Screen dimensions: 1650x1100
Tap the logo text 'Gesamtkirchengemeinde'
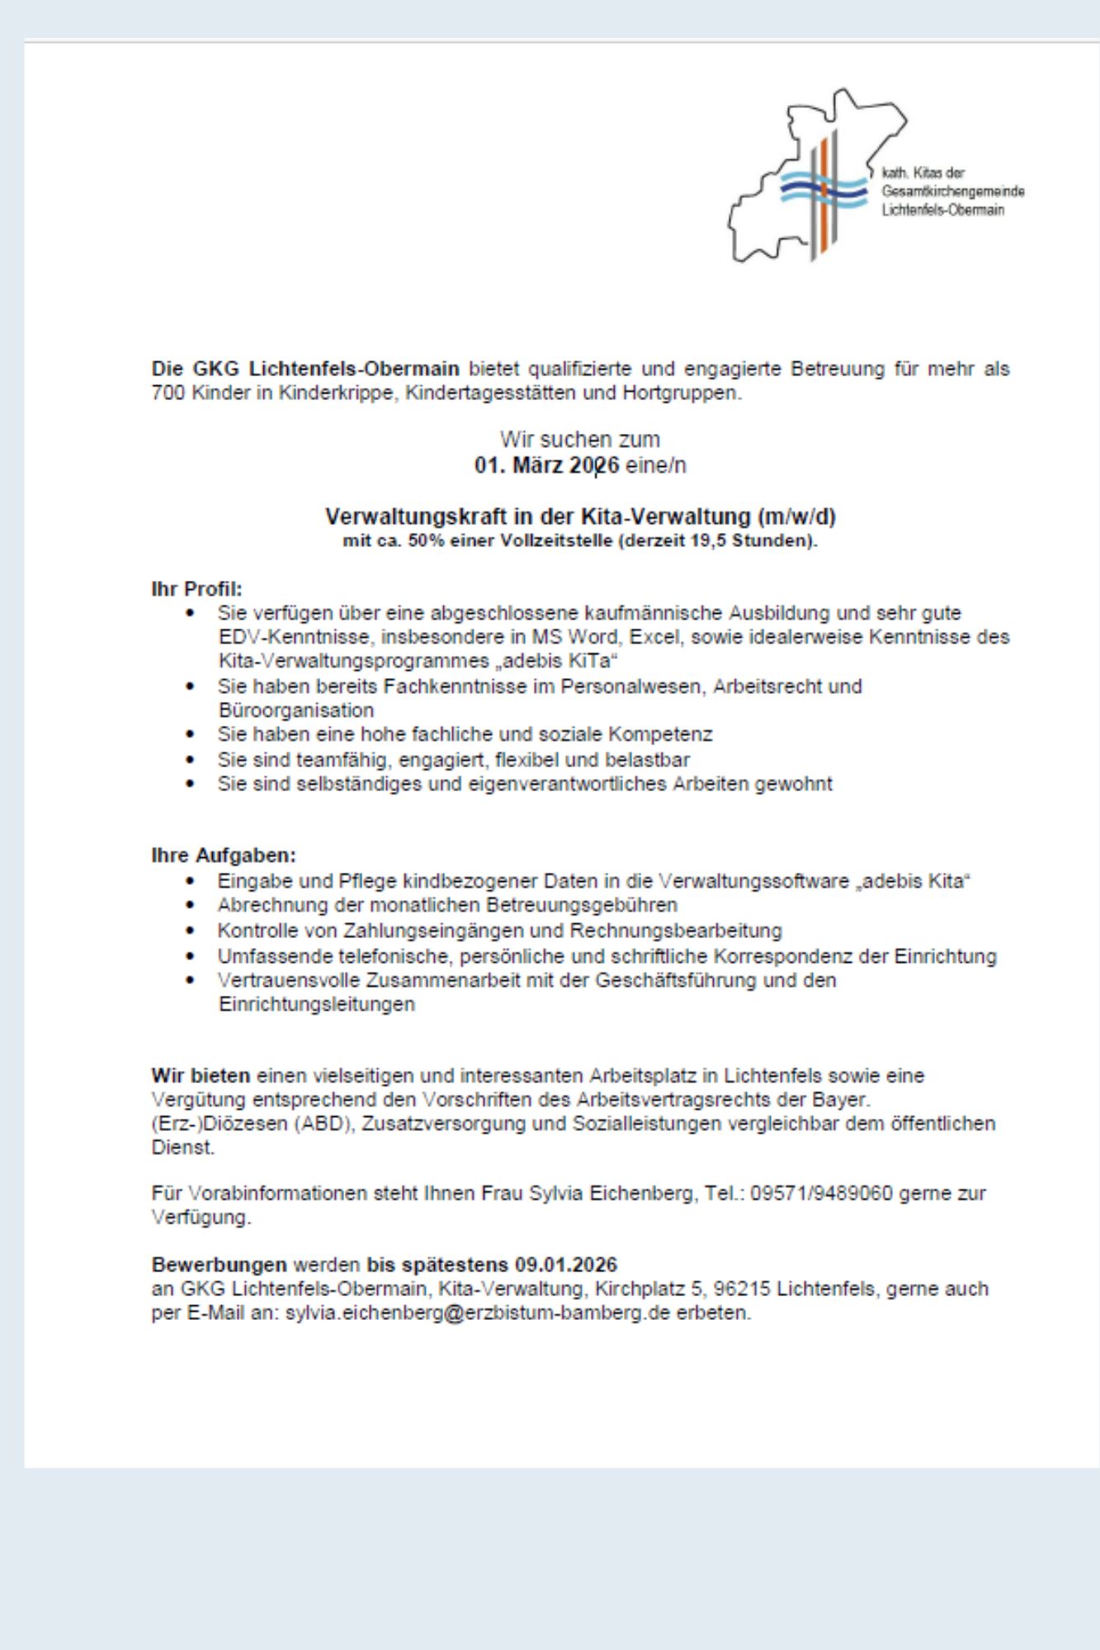(x=953, y=191)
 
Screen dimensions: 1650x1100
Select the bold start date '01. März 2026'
(x=546, y=466)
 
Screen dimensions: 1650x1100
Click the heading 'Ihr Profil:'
(x=196, y=589)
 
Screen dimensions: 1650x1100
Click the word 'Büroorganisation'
(x=295, y=710)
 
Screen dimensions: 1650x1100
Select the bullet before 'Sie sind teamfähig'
(x=191, y=759)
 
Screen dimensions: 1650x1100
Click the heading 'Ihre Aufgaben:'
(x=223, y=855)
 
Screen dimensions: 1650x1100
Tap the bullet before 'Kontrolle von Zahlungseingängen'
(x=191, y=931)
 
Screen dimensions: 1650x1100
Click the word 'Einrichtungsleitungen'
(x=316, y=1005)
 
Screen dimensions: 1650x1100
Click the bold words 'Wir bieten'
(x=201, y=1076)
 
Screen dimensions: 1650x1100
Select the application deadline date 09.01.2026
(x=566, y=1265)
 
